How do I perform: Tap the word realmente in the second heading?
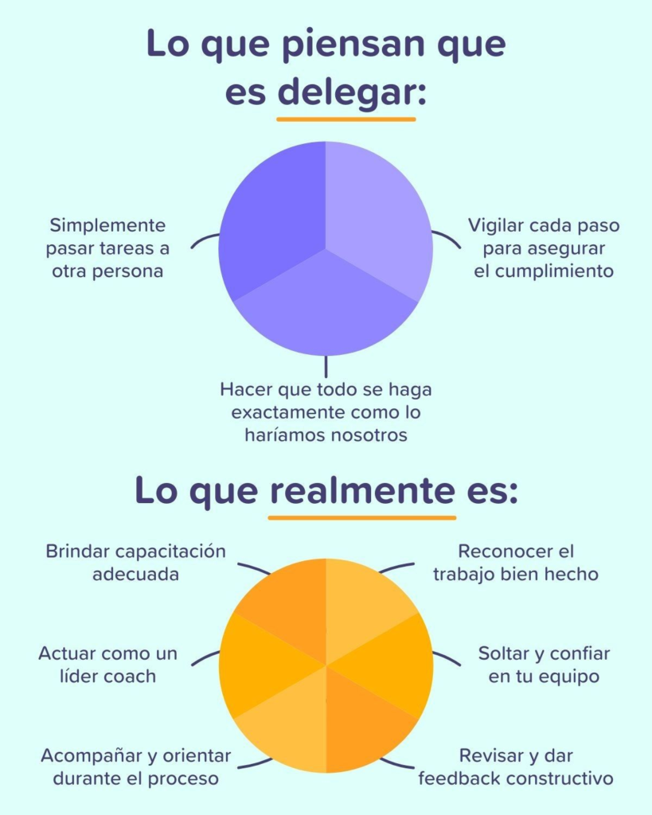362,490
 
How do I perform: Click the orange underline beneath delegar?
346,119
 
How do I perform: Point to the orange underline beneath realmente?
362,517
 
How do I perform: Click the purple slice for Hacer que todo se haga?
326,306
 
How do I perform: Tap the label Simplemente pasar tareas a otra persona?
107,248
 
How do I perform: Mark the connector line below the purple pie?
326,366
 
